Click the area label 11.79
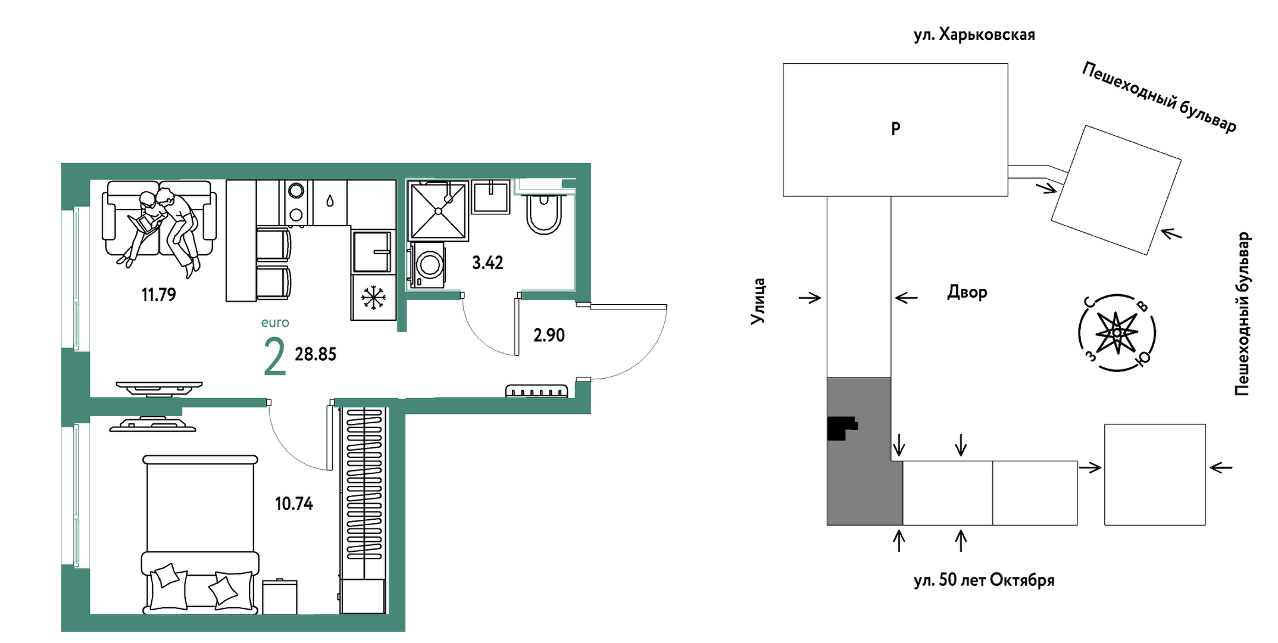coord(159,295)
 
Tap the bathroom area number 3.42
coord(488,263)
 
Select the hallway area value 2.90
coord(549,335)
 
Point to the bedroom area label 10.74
coord(294,504)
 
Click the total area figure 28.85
coord(315,354)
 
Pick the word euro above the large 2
coord(275,323)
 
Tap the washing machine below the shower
coord(427,264)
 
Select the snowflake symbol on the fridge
coord(373,297)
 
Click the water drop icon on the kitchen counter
coord(330,201)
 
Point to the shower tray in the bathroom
coord(438,211)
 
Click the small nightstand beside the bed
coord(279,596)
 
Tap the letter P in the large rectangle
coord(896,129)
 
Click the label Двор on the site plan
coord(967,292)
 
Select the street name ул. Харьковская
coord(974,35)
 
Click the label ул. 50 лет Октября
coord(984,580)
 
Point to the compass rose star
coord(1117,332)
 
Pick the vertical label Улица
coord(758,301)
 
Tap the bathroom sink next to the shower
coord(490,197)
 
